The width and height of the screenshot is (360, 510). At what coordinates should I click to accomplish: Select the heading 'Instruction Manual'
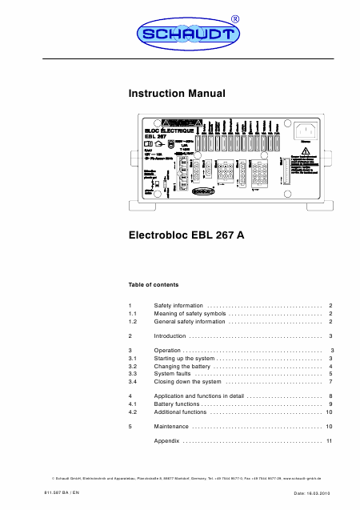[x=178, y=94]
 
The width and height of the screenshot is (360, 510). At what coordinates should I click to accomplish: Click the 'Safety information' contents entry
[x=178, y=306]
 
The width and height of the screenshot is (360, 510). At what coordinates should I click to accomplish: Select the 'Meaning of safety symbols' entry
[x=190, y=314]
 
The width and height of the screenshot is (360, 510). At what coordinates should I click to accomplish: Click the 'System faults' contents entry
[x=172, y=374]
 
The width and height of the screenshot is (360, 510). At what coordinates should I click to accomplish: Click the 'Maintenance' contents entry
[x=171, y=427]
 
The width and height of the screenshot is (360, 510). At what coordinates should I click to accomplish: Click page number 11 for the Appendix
[x=329, y=441]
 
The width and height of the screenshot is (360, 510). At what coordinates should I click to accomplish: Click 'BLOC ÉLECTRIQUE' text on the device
[x=174, y=130]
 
